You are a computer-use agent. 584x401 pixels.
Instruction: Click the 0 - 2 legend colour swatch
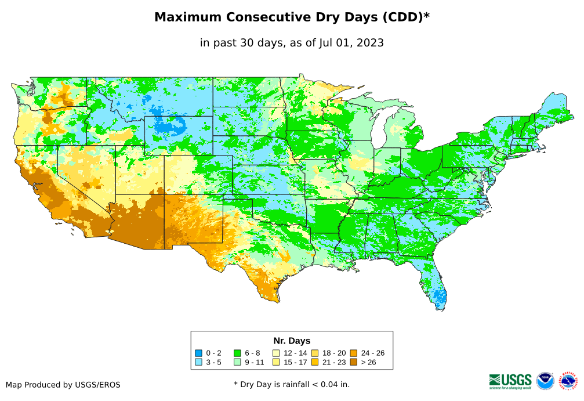click(198, 353)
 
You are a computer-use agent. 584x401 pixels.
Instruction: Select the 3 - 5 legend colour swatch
click(198, 362)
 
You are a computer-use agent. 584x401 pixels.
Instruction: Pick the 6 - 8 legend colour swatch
click(237, 353)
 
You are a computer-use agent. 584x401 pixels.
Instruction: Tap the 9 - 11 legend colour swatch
click(237, 362)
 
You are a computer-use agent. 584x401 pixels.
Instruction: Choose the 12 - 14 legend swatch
click(276, 353)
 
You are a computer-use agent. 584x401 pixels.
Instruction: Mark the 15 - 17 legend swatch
click(276, 362)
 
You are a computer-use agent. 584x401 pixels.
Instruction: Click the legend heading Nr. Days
click(292, 341)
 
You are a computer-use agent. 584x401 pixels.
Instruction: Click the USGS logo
click(510, 381)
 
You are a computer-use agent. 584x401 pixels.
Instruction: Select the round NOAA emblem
click(545, 381)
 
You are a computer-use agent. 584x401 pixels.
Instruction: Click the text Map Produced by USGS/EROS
click(63, 385)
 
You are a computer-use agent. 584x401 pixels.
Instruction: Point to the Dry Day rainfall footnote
click(292, 384)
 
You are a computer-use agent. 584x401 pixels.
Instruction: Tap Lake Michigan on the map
click(378, 131)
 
